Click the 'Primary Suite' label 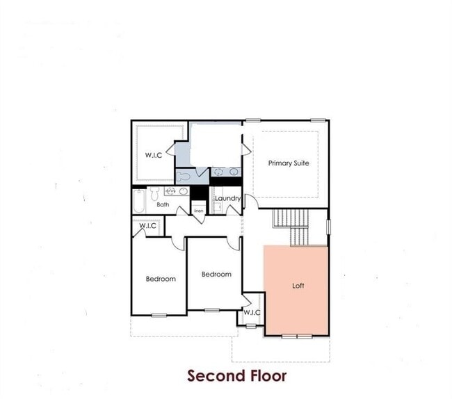click(x=289, y=163)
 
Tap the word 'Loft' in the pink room click(x=298, y=286)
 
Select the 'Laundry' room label click(x=227, y=199)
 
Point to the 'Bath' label click(x=162, y=204)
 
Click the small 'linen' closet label click(x=198, y=211)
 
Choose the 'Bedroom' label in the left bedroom click(x=161, y=279)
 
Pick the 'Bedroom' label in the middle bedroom click(x=216, y=275)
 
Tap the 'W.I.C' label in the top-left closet click(x=153, y=155)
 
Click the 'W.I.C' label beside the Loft click(x=252, y=313)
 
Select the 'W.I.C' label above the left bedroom click(x=147, y=226)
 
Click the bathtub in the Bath click(x=140, y=200)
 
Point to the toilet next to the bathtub click(x=155, y=193)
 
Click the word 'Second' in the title click(x=216, y=376)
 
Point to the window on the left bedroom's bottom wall click(x=159, y=315)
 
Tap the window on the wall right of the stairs click(x=328, y=227)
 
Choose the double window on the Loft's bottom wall click(x=297, y=336)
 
